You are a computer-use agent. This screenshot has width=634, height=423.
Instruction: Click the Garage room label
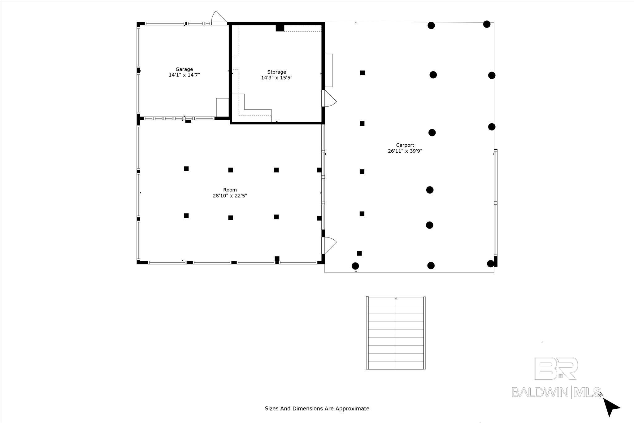(184, 69)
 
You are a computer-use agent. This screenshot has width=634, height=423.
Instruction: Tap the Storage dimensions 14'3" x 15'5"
(276, 78)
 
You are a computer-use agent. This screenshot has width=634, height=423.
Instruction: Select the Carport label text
(405, 145)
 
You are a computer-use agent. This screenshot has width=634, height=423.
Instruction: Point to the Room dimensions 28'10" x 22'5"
(230, 196)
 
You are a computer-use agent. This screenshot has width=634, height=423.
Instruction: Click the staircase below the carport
(396, 333)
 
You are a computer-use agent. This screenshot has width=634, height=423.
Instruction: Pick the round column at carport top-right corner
(487, 24)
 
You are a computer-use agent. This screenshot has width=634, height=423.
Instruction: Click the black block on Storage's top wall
(280, 28)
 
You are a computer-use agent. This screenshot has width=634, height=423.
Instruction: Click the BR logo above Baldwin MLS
(556, 368)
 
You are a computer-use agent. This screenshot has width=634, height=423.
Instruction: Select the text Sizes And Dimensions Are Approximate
(317, 408)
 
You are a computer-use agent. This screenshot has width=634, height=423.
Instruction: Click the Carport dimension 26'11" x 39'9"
(405, 151)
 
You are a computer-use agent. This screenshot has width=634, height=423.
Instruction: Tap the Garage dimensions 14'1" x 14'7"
(184, 75)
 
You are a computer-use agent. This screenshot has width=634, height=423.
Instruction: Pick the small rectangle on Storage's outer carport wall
(328, 70)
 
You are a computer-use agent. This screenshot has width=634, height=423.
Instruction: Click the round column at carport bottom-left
(355, 266)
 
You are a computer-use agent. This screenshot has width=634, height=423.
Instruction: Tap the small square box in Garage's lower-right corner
(222, 107)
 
